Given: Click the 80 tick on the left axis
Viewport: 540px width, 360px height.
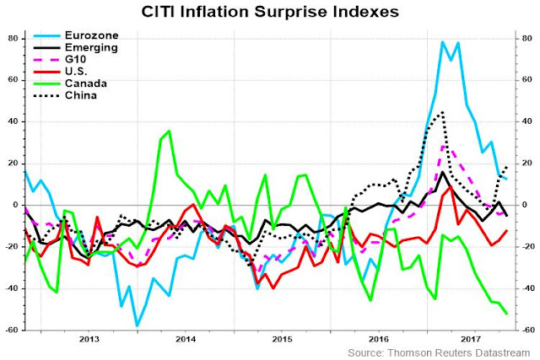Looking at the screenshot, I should pos(13,39).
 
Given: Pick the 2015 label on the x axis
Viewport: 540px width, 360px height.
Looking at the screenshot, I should pos(283,339).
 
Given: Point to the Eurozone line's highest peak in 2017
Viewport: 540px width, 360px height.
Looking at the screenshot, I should pos(443,41).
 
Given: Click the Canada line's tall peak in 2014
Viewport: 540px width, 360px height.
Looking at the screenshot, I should pos(169,131).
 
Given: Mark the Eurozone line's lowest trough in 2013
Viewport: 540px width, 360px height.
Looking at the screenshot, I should pos(137,325).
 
